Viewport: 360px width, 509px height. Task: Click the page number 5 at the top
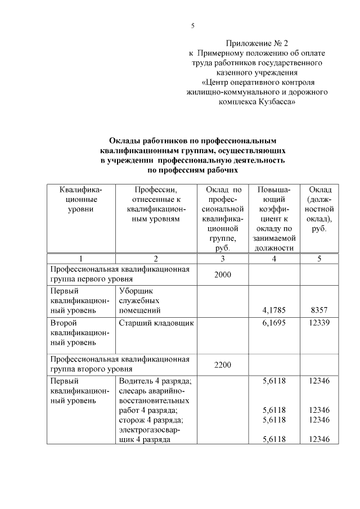pyautogui.click(x=192, y=25)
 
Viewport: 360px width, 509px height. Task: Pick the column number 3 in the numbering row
pyautogui.click(x=222, y=259)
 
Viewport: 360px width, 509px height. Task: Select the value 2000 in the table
pyautogui.click(x=222, y=273)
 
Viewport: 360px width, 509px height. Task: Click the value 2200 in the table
pyautogui.click(x=222, y=365)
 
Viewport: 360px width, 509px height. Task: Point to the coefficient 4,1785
pyautogui.click(x=274, y=309)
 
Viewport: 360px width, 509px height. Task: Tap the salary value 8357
pyautogui.click(x=319, y=309)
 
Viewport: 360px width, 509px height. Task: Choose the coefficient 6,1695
pyautogui.click(x=274, y=323)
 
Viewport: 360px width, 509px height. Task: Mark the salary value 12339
pyautogui.click(x=319, y=323)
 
